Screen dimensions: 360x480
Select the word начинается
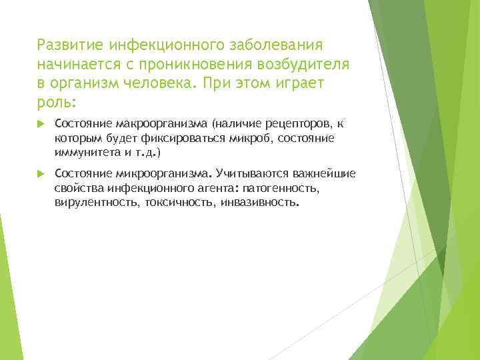click(x=75, y=65)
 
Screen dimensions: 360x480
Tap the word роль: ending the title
click(x=57, y=104)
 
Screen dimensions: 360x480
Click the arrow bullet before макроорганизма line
click(x=39, y=123)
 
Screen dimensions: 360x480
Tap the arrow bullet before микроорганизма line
click(x=39, y=173)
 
